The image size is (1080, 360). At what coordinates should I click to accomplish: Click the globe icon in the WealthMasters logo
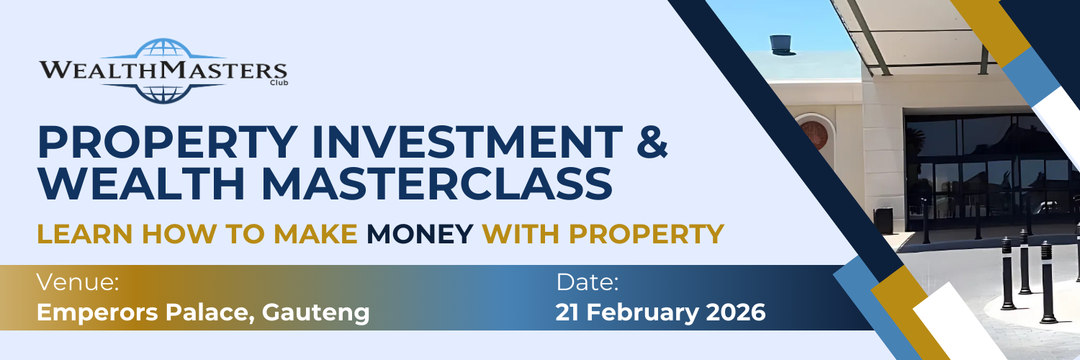(163, 70)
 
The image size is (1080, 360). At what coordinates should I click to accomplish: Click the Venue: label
(78, 282)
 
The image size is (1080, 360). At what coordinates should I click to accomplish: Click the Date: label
(587, 282)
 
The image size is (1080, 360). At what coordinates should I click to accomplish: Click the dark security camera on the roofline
(780, 45)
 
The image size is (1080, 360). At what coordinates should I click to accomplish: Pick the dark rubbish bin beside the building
(883, 220)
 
